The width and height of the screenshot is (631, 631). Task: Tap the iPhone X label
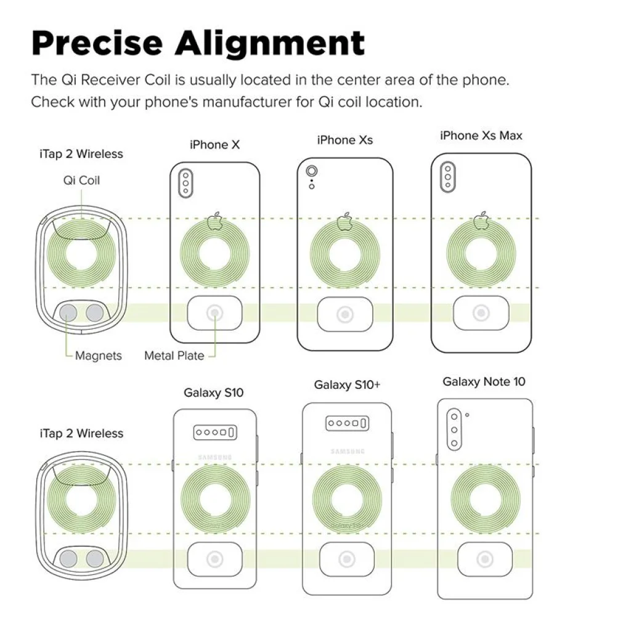click(x=214, y=144)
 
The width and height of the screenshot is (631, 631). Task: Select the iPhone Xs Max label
click(x=481, y=135)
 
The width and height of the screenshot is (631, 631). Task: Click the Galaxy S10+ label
click(x=347, y=385)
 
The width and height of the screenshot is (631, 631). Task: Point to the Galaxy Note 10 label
click(x=484, y=381)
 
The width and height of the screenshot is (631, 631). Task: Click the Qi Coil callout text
click(x=81, y=180)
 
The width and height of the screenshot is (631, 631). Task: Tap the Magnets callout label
click(x=98, y=356)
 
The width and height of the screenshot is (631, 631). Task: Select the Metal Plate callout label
click(x=174, y=356)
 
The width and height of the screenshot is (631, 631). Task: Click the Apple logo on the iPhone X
click(x=215, y=221)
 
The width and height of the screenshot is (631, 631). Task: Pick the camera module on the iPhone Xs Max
click(x=447, y=177)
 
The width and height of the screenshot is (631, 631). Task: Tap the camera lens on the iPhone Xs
click(x=311, y=171)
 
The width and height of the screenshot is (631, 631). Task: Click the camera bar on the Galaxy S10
click(x=215, y=432)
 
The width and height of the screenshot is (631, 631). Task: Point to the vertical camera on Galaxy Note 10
click(x=454, y=429)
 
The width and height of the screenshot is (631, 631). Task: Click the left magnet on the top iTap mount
click(x=68, y=313)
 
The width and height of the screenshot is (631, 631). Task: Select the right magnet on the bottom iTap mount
click(x=95, y=558)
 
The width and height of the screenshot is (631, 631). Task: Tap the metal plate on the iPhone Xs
click(x=345, y=314)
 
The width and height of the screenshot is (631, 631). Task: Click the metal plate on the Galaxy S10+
click(x=347, y=560)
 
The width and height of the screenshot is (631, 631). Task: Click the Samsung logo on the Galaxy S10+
click(x=348, y=452)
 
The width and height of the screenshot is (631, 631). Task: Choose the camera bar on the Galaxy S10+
click(x=347, y=423)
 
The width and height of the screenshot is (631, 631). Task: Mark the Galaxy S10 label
click(x=213, y=393)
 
